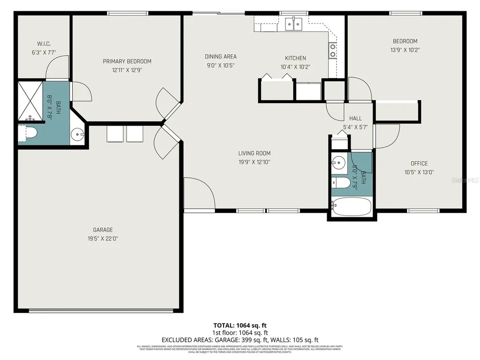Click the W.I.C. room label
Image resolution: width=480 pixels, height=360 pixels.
coord(44,44)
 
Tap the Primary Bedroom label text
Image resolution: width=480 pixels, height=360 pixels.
coord(127,61)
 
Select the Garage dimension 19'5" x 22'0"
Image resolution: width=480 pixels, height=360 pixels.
coord(102,238)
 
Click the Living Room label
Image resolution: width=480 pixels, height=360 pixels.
coord(254,153)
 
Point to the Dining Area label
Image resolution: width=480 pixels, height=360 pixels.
coord(220,57)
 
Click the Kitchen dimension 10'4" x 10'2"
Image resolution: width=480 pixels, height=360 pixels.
coord(295,67)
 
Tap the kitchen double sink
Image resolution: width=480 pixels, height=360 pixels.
coord(294,23)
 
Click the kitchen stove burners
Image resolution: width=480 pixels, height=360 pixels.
coord(333,50)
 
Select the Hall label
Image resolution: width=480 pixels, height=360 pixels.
coord(355,119)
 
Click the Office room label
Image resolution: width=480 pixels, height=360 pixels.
coord(419,164)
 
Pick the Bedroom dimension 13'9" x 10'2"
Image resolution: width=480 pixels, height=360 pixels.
coord(404,50)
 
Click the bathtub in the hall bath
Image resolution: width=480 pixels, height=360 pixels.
coord(352,206)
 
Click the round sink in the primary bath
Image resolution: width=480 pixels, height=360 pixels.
coord(78,135)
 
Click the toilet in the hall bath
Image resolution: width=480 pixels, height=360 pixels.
coord(341,182)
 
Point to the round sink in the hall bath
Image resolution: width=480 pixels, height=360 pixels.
coord(338,164)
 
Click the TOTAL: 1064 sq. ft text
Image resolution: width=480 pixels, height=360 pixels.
coord(240,325)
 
